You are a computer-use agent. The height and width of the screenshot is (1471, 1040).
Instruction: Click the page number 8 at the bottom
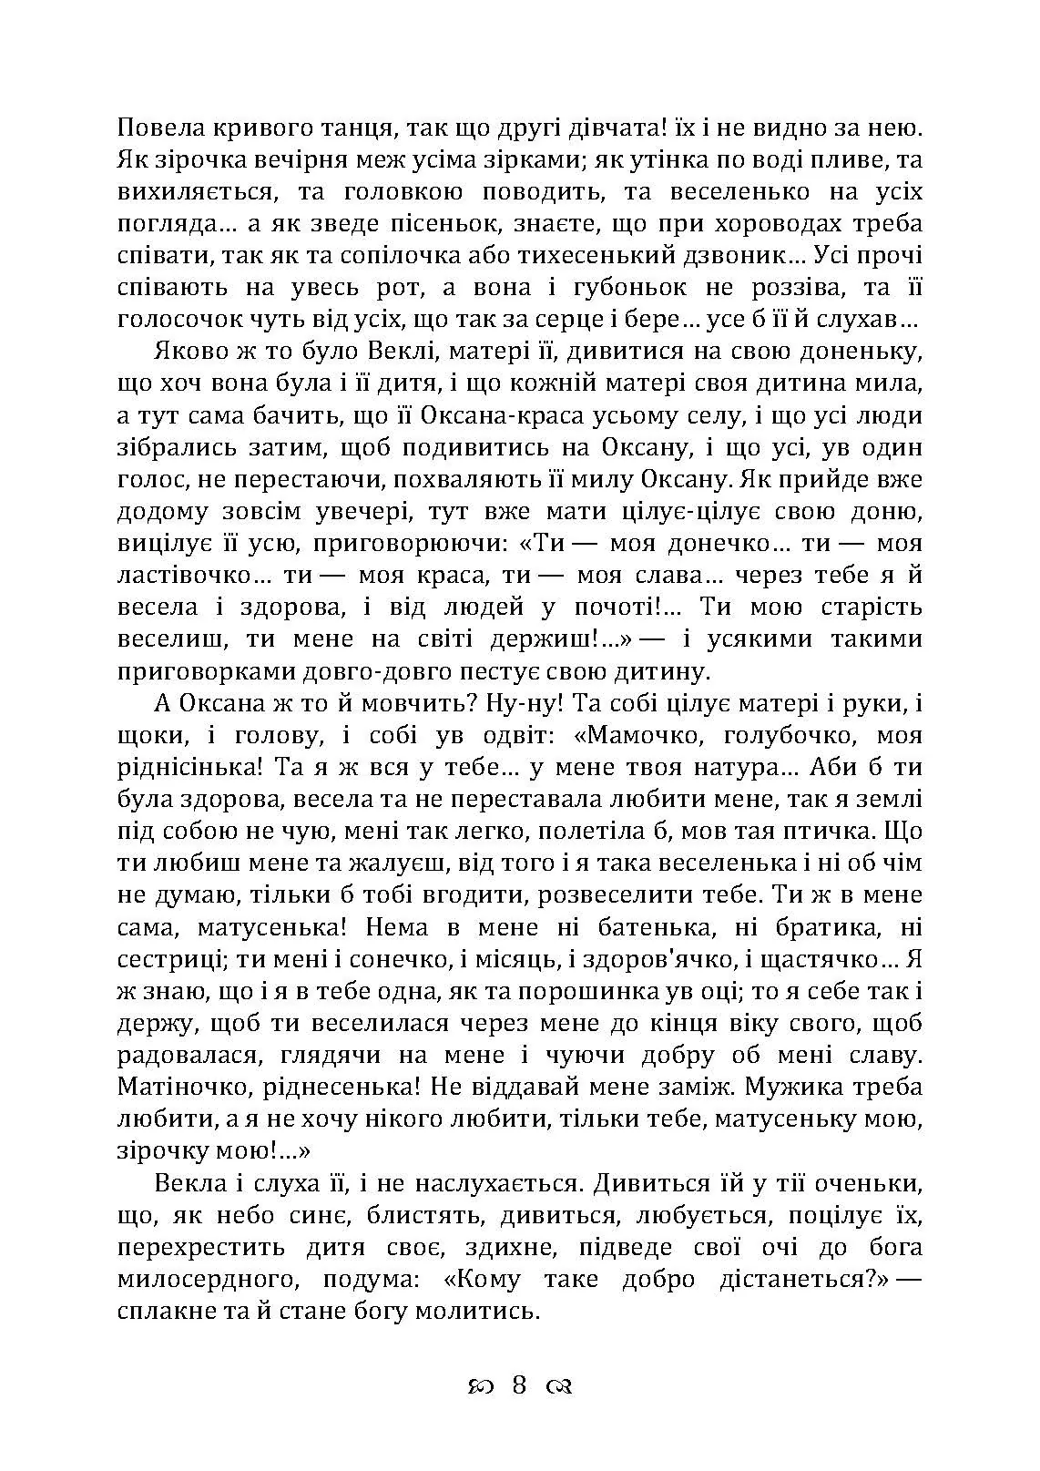click(x=520, y=1385)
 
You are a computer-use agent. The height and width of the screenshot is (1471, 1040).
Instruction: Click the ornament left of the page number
click(x=480, y=1387)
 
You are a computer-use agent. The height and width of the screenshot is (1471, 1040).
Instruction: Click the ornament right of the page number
click(x=558, y=1387)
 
